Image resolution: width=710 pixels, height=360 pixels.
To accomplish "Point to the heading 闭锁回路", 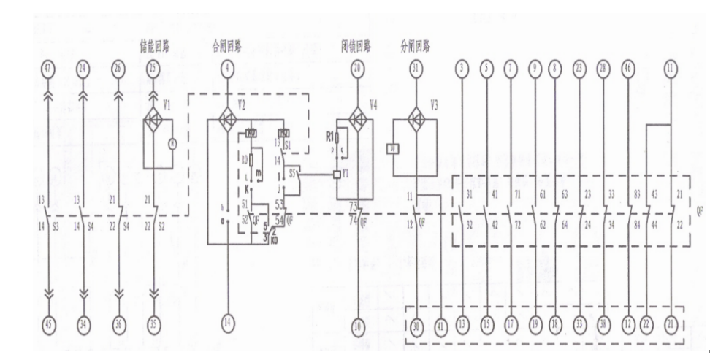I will coord(356,46).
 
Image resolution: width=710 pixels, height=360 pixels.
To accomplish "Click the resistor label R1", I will coord(329,136).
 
